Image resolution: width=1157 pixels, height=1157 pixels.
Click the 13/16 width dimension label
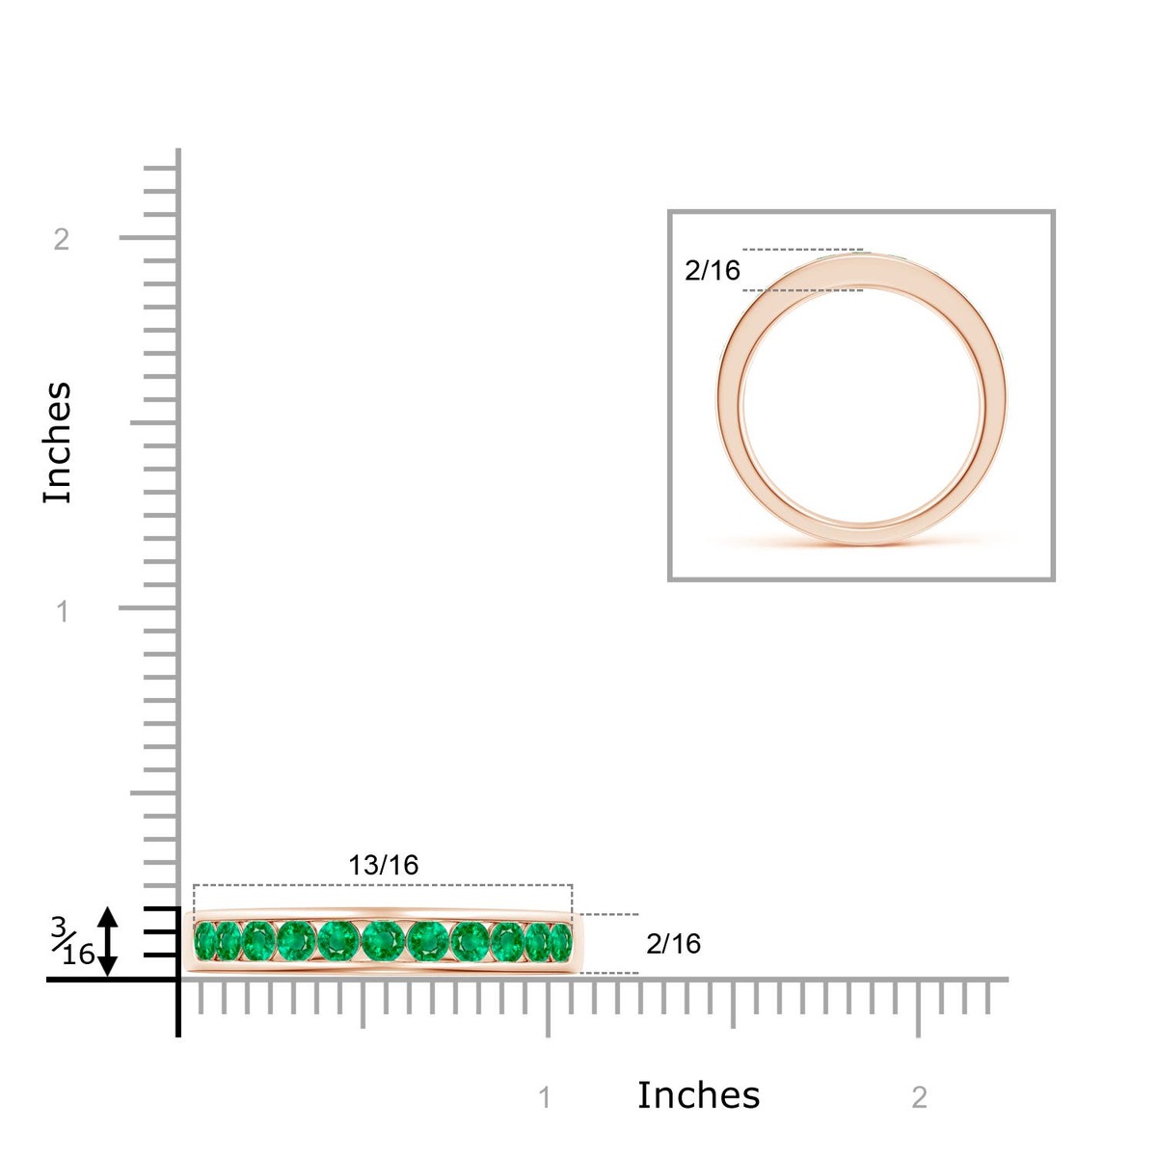(383, 865)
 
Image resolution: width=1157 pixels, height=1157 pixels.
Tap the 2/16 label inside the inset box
(713, 271)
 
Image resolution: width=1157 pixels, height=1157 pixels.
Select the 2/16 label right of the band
(673, 945)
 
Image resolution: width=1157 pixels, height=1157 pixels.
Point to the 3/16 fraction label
(72, 942)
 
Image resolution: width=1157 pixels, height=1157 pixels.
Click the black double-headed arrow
(107, 941)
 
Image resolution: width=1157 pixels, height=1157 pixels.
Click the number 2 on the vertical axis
(62, 239)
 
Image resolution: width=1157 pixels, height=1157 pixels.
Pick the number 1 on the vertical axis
(62, 612)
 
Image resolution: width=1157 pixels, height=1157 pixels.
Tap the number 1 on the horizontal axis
(545, 1098)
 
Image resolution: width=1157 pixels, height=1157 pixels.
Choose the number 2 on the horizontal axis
(919, 1098)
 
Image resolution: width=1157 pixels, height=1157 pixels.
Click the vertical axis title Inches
(58, 443)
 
